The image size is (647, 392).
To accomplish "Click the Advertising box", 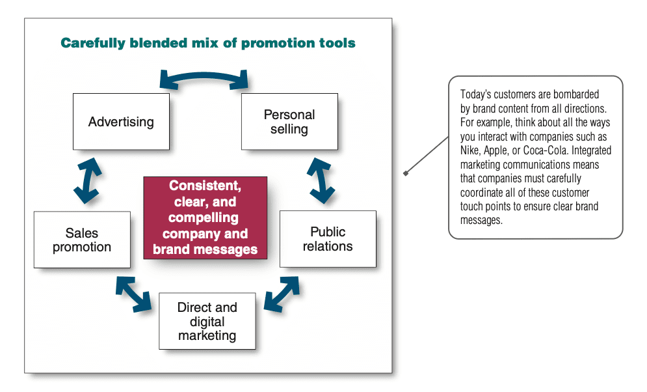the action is (122, 121).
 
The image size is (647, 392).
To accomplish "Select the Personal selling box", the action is (289, 121).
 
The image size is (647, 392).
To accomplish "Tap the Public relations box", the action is (328, 239).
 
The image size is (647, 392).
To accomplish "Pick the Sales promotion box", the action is (82, 240).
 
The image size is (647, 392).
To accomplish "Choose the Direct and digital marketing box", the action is (207, 321).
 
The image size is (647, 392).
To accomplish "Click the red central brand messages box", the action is (205, 217).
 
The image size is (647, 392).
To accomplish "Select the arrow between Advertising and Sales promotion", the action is (88, 180).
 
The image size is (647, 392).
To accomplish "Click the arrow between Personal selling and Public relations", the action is (321, 180).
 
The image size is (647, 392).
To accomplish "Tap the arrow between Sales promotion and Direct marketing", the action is (134, 294).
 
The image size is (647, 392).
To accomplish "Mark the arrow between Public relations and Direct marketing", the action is (282, 294).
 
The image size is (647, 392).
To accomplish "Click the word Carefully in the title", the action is (93, 43).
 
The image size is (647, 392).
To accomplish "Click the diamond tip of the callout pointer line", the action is (406, 173).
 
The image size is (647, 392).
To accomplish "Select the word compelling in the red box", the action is (204, 217).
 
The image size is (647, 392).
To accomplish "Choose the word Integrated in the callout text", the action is (591, 151).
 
